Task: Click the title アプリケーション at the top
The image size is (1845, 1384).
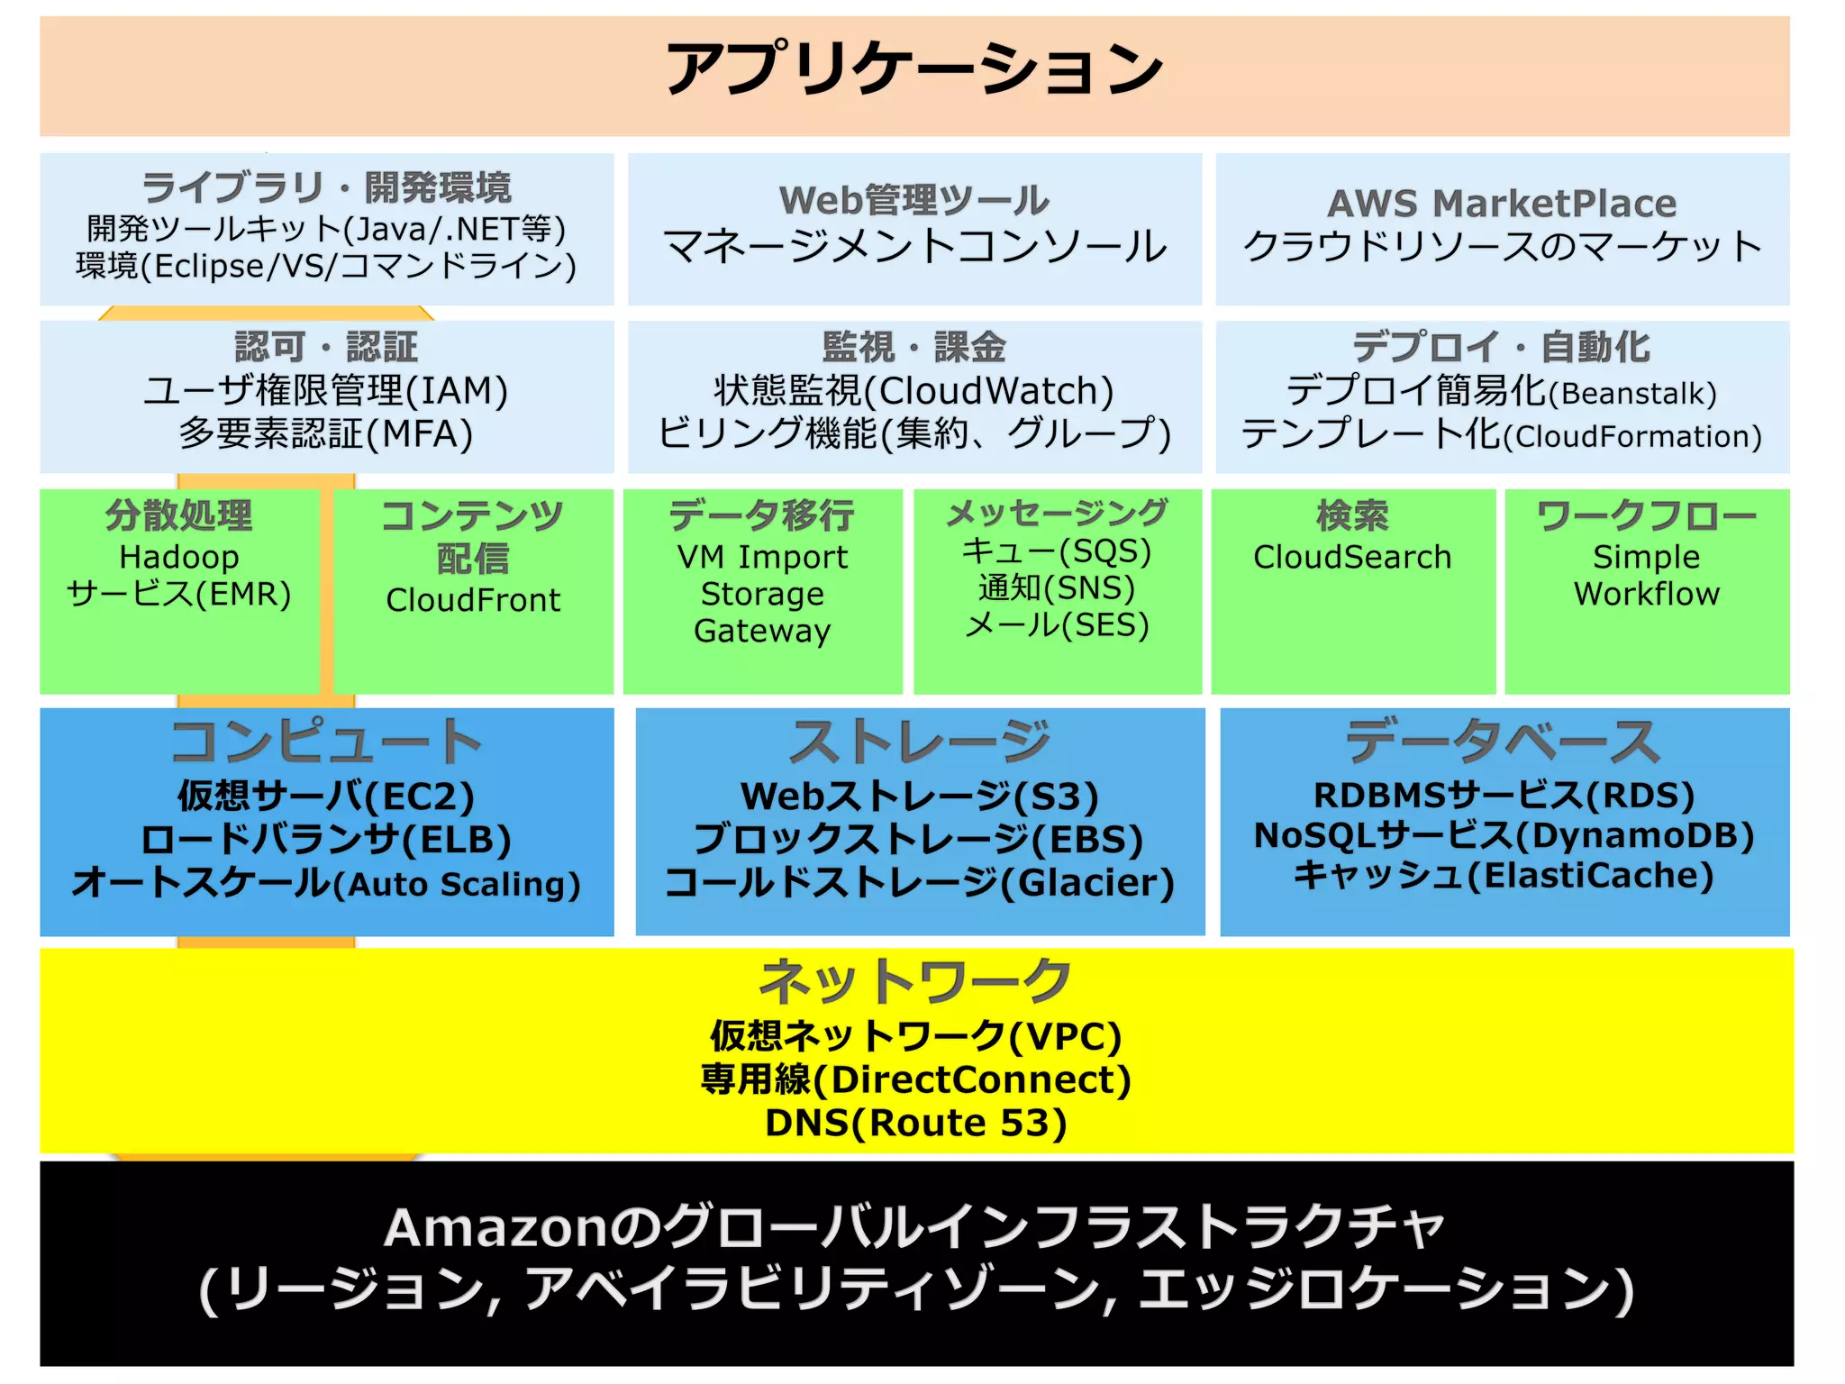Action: click(913, 68)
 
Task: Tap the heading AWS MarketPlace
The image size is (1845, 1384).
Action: click(1502, 203)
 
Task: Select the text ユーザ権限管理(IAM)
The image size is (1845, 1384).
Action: click(326, 390)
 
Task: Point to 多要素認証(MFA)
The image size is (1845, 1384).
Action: click(326, 433)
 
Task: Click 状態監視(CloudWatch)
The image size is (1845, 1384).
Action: click(913, 390)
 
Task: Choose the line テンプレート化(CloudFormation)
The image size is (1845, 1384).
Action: click(1502, 434)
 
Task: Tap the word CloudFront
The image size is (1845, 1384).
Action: click(473, 600)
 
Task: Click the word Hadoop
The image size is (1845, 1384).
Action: click(179, 557)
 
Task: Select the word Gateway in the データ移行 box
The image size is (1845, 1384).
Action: click(762, 631)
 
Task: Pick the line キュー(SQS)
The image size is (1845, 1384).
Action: click(1057, 551)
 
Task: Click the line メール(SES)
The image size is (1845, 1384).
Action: click(1057, 624)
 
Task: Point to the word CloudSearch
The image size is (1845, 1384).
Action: click(1352, 557)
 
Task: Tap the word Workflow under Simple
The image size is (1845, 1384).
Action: click(1646, 594)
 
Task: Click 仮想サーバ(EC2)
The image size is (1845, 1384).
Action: click(326, 796)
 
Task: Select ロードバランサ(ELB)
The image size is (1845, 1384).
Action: click(326, 839)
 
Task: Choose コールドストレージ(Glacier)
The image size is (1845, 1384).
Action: click(919, 882)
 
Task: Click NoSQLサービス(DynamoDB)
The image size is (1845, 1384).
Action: click(1504, 835)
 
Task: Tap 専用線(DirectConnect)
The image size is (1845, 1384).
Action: click(915, 1079)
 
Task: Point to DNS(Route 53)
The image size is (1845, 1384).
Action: click(915, 1123)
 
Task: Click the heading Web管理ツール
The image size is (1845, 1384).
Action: click(913, 200)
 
